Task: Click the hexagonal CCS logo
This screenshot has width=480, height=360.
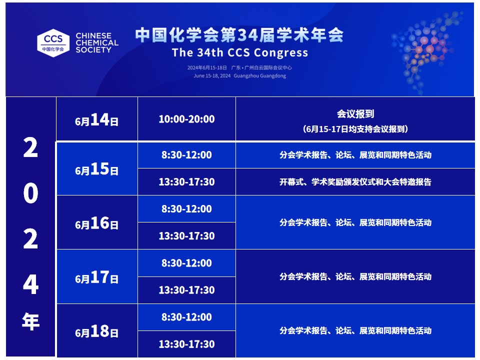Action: pos(53,43)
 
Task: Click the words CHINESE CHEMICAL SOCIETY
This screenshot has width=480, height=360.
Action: pos(96,43)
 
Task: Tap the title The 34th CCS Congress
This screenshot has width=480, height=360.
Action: pos(239,52)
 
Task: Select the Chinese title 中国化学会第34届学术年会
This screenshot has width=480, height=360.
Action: pos(239,35)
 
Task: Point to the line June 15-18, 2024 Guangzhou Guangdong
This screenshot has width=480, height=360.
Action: pos(239,75)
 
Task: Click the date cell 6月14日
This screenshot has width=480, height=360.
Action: pos(96,119)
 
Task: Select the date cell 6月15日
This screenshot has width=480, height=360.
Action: pos(96,169)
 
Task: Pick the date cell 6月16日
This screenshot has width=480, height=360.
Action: pos(96,223)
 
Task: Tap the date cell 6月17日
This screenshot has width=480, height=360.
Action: pos(96,277)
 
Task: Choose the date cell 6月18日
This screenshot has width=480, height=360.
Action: pos(96,331)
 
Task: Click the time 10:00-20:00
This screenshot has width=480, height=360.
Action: pos(186,119)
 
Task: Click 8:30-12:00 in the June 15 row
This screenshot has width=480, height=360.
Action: pos(186,155)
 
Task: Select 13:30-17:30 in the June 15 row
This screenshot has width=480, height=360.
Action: pos(186,182)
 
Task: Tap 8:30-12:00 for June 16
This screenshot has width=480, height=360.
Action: pos(186,209)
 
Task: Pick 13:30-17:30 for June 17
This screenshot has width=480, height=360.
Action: pos(186,290)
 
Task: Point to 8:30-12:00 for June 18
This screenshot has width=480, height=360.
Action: pos(186,317)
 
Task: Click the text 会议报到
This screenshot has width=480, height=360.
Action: pos(355,114)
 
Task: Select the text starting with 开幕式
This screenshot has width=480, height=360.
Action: pos(355,182)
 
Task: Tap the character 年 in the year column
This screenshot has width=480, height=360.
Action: pos(30,321)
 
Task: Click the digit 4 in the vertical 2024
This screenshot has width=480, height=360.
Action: pos(30,284)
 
